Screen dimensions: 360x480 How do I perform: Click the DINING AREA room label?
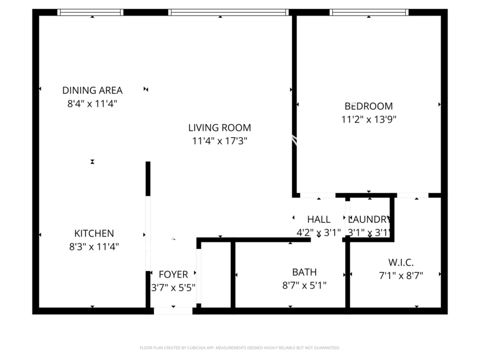(x=92, y=90)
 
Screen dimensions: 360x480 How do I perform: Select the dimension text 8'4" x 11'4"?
(x=92, y=103)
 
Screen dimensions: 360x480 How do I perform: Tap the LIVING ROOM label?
(x=219, y=127)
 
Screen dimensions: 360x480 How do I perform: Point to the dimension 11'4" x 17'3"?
(x=219, y=141)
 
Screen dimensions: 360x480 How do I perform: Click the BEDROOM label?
(x=369, y=106)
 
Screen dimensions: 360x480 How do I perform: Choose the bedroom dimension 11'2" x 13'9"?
(x=369, y=119)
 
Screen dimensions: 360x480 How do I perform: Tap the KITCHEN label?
(x=94, y=233)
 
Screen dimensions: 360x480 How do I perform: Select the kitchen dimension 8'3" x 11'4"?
(x=94, y=246)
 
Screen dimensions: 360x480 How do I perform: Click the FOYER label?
(x=173, y=275)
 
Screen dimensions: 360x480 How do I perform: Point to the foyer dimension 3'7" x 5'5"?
(x=173, y=287)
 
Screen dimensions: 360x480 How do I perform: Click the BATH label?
(x=304, y=272)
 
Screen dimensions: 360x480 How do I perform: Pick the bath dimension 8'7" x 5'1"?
(x=304, y=285)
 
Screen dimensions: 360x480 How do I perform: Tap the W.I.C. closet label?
(x=401, y=262)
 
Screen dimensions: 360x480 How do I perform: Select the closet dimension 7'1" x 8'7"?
(x=401, y=275)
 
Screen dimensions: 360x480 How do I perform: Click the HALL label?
(x=318, y=219)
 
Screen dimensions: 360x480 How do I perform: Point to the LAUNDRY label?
(x=370, y=219)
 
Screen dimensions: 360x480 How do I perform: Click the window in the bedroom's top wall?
(x=369, y=12)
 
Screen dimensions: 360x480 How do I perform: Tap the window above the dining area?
(x=91, y=12)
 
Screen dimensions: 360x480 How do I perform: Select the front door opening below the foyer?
(x=173, y=310)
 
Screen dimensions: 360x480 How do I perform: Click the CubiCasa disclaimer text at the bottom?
(x=239, y=348)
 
